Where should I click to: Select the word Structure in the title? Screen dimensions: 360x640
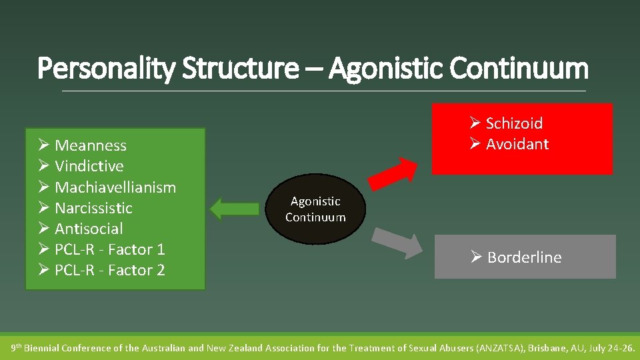[236, 68]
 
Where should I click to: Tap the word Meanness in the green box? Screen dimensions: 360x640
[91, 145]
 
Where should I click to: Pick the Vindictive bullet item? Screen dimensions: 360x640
[89, 166]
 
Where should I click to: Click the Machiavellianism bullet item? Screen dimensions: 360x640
[115, 187]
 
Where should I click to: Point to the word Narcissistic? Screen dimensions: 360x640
[93, 208]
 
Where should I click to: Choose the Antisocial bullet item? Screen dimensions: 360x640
[89, 229]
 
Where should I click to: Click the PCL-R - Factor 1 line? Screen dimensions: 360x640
[110, 249]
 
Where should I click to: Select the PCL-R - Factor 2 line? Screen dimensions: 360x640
[110, 270]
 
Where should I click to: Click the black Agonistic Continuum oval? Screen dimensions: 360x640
[315, 209]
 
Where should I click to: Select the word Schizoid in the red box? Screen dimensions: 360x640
[514, 123]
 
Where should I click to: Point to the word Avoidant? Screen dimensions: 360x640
[517, 144]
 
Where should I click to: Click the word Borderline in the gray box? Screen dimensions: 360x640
[525, 257]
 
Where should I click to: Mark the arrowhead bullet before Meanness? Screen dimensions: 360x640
[44, 145]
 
